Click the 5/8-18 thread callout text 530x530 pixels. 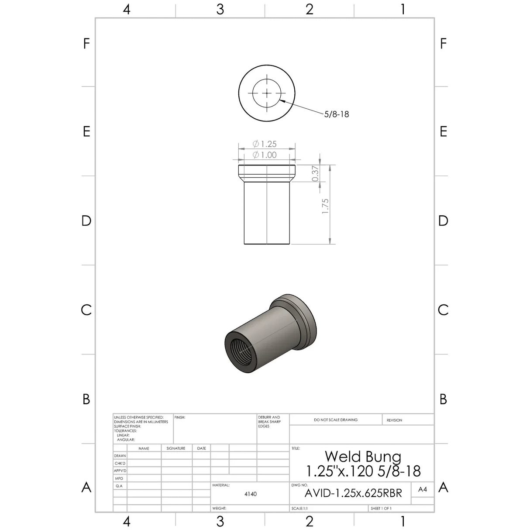336,114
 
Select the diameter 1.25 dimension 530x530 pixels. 265,144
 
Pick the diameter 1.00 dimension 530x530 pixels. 265,155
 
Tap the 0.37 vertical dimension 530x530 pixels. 315,173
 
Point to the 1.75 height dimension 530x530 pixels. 325,206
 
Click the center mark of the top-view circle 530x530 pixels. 267,93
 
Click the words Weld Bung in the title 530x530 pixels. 363,457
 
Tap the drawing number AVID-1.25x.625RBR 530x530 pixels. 353,493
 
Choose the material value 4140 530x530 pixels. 251,494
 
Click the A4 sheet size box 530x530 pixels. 422,489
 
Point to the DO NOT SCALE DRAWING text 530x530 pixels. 335,420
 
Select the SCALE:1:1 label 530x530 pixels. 299,509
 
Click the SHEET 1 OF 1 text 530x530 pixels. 381,509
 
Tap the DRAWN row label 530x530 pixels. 120,456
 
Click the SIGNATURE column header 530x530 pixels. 176,448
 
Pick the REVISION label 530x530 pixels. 394,420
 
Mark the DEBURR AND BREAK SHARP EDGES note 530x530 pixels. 269,422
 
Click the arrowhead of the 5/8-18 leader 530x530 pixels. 282,102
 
